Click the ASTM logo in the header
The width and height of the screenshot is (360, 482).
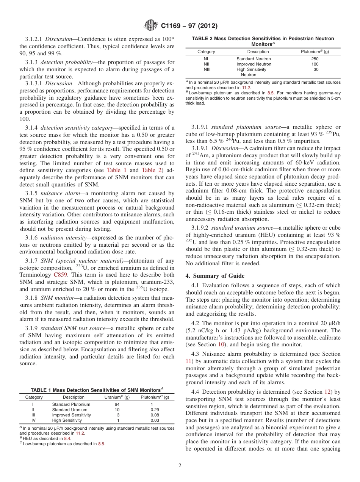152,26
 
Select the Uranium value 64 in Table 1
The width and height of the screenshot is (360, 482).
117,404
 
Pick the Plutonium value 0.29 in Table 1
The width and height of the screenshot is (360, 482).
155,410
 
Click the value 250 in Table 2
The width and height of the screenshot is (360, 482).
315,59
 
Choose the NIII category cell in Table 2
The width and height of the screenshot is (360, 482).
207,69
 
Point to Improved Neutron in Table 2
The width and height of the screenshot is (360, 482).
254,64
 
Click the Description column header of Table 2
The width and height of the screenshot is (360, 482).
258,52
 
